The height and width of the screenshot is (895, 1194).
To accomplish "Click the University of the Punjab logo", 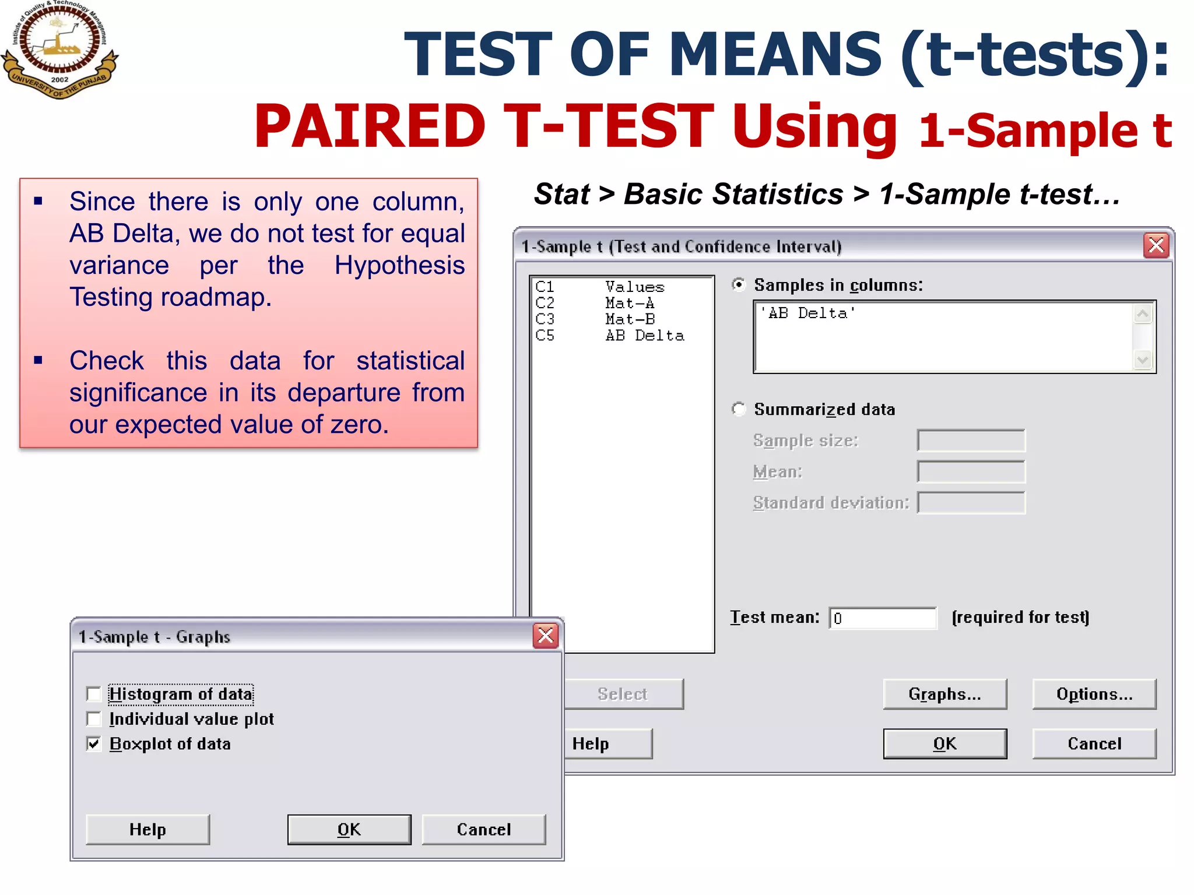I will (x=59, y=50).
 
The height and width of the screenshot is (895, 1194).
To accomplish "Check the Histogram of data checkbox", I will (x=94, y=694).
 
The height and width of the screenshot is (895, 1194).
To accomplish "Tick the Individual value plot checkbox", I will (x=94, y=719).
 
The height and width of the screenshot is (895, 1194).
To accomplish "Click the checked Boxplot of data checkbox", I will (x=94, y=744).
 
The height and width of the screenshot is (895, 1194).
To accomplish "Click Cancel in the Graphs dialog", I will (x=483, y=829).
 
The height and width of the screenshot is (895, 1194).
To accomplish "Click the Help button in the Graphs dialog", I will (x=148, y=829).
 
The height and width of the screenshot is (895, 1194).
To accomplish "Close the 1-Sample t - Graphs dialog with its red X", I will (x=546, y=636).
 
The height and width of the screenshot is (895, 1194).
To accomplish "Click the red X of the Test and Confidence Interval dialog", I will (x=1156, y=245).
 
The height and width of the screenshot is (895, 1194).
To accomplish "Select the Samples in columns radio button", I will (x=739, y=285).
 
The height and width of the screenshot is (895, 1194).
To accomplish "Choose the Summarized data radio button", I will (x=739, y=409).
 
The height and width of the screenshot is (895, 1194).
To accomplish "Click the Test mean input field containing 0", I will (x=883, y=618).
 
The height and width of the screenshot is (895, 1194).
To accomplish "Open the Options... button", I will (x=1094, y=694).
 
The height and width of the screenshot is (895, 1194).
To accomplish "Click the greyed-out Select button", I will (x=623, y=694).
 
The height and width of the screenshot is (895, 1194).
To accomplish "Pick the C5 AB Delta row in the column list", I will (x=610, y=336).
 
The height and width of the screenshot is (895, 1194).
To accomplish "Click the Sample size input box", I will (x=971, y=441).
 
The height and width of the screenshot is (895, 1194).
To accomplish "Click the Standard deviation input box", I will (x=971, y=503).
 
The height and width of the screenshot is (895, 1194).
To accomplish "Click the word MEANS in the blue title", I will (x=775, y=54).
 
